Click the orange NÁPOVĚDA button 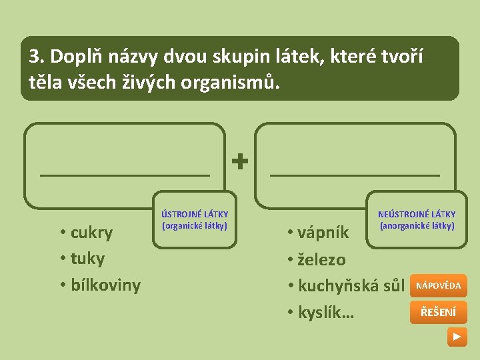tap(438, 285)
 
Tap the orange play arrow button tap(457, 337)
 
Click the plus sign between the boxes tap(240, 160)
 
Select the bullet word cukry tap(91, 233)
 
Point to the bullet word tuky tap(87, 259)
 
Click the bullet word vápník tap(323, 233)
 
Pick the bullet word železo tap(321, 259)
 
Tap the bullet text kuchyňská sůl tap(351, 286)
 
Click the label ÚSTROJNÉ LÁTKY tap(195, 214)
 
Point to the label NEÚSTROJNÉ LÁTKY tap(417, 214)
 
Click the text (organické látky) tap(195, 225)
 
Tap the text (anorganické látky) tap(417, 225)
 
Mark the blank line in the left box tap(125, 174)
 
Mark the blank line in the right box tap(355, 174)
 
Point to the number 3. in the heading tap(36, 56)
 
